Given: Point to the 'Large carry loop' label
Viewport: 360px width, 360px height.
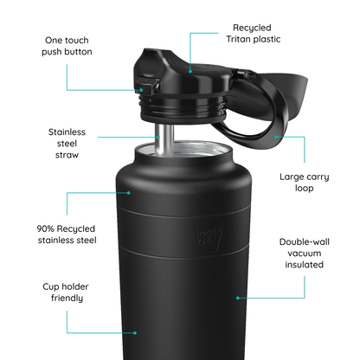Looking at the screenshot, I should [303, 181].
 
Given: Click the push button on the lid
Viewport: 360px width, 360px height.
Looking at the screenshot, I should [146, 87].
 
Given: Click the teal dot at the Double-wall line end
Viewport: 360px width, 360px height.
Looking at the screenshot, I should [237, 297].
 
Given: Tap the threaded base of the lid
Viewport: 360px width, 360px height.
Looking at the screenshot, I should [182, 112].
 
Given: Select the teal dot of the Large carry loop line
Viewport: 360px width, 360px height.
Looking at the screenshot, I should [275, 135].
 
